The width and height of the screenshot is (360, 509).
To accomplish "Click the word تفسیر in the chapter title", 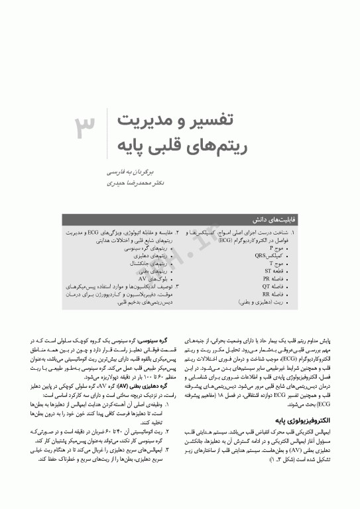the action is [x=218, y=120].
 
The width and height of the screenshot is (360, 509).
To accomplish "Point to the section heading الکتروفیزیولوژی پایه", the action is [x=323, y=420].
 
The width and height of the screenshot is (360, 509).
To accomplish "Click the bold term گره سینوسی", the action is [x=166, y=338].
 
